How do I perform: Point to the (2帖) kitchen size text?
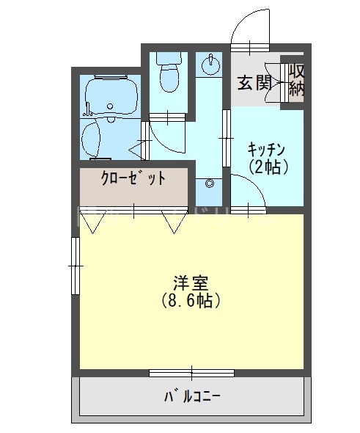(x=267, y=167)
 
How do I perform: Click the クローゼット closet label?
(x=133, y=178)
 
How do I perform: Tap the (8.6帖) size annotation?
(x=191, y=300)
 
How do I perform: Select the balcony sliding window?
(x=191, y=372)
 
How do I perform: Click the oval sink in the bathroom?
(x=93, y=137)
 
